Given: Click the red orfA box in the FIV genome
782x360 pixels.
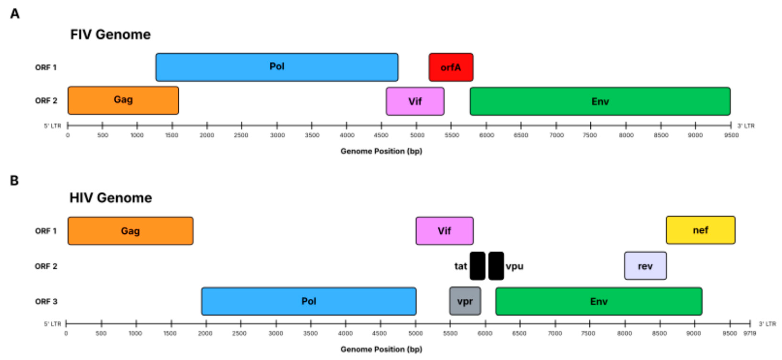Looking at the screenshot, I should coord(451,67).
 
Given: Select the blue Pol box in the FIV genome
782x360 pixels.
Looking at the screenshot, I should coord(277,67).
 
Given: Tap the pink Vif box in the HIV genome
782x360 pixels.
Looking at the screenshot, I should coord(444,231).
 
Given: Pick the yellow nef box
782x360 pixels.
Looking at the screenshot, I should coord(700,230).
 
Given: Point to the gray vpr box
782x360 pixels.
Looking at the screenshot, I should coord(465,301).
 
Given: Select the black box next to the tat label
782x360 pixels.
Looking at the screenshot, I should coord(477,266).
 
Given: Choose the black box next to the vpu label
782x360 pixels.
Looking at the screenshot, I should coord(496,266).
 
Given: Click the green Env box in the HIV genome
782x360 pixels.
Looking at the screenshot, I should coord(599,301).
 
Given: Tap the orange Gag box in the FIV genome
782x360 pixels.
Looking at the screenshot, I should coord(123,100).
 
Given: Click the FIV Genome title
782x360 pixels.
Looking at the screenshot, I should coord(110,34).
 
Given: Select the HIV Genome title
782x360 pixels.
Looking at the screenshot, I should coord(111,198).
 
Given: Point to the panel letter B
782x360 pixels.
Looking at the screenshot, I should coord(14,181).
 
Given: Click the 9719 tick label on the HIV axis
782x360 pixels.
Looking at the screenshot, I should coord(749,333).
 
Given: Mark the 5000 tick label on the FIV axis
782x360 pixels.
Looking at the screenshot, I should coord(417,135).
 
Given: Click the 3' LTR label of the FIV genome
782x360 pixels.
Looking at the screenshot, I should coord(746,126).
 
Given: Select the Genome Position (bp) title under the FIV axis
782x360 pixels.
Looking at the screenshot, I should coord(381,151).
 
